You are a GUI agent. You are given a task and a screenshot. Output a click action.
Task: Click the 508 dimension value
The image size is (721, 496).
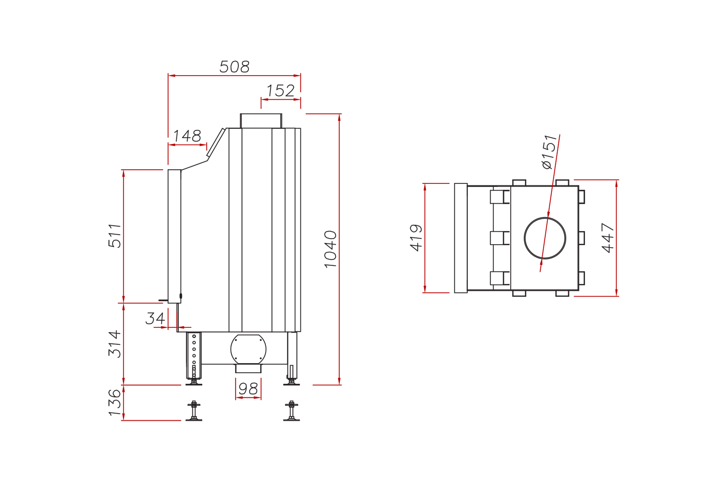click(x=234, y=67)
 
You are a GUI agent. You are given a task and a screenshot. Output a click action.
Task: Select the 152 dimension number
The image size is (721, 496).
click(x=280, y=91)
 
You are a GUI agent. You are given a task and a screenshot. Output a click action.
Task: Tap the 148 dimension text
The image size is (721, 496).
click(x=187, y=136)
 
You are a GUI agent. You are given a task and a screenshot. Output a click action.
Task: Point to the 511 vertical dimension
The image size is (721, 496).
click(x=115, y=236)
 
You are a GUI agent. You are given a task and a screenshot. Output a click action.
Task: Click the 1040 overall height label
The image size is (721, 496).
click(x=330, y=249)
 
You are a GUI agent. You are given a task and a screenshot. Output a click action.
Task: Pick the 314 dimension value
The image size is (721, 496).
click(x=115, y=344)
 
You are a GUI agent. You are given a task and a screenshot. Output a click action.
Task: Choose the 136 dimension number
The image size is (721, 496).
click(x=115, y=403)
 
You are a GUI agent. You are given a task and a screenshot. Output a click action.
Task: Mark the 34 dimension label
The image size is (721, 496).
click(x=155, y=319)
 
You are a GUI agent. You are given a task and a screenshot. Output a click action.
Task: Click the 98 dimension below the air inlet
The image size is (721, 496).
click(x=248, y=389)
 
